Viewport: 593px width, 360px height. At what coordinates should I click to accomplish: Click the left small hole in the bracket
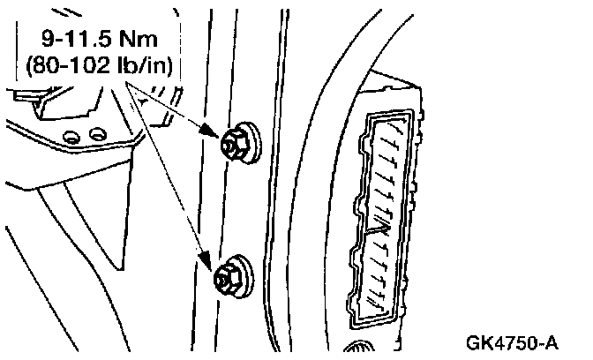(x=72, y=135)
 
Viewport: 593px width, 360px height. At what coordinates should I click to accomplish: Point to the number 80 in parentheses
(x=49, y=65)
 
